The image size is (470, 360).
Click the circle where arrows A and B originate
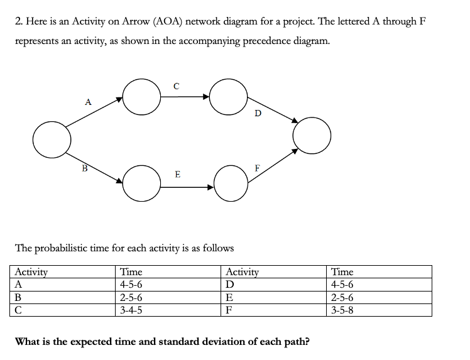52,140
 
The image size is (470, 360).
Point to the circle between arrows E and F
231,184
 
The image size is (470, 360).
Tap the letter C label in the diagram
177,86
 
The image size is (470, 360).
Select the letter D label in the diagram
258,114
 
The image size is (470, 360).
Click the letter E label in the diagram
178,174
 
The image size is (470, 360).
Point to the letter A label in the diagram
87,101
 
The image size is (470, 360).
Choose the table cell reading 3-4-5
131,310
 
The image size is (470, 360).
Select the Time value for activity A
131,285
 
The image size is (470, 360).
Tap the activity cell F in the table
229,310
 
